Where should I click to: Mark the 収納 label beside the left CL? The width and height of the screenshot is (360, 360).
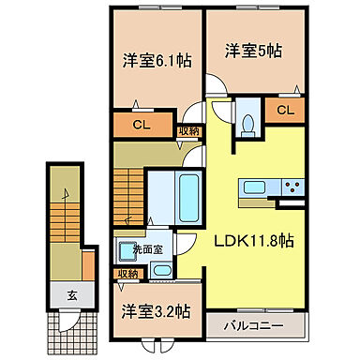tap(187, 131)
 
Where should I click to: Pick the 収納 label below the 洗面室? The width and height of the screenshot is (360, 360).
tap(127, 273)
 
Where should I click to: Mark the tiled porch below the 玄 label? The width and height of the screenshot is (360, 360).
tap(71, 322)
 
